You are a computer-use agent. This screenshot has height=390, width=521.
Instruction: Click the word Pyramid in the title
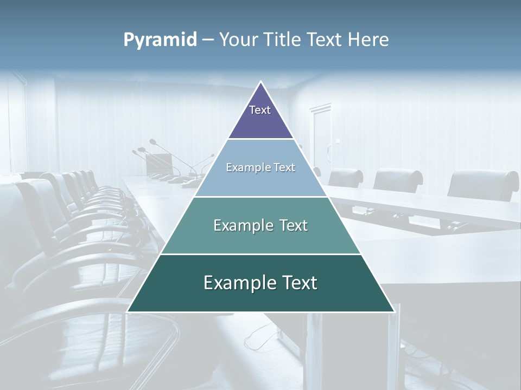[x=160, y=40]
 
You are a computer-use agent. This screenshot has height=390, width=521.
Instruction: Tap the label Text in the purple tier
[x=260, y=110]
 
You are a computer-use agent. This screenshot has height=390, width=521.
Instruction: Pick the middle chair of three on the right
[x=398, y=180]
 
